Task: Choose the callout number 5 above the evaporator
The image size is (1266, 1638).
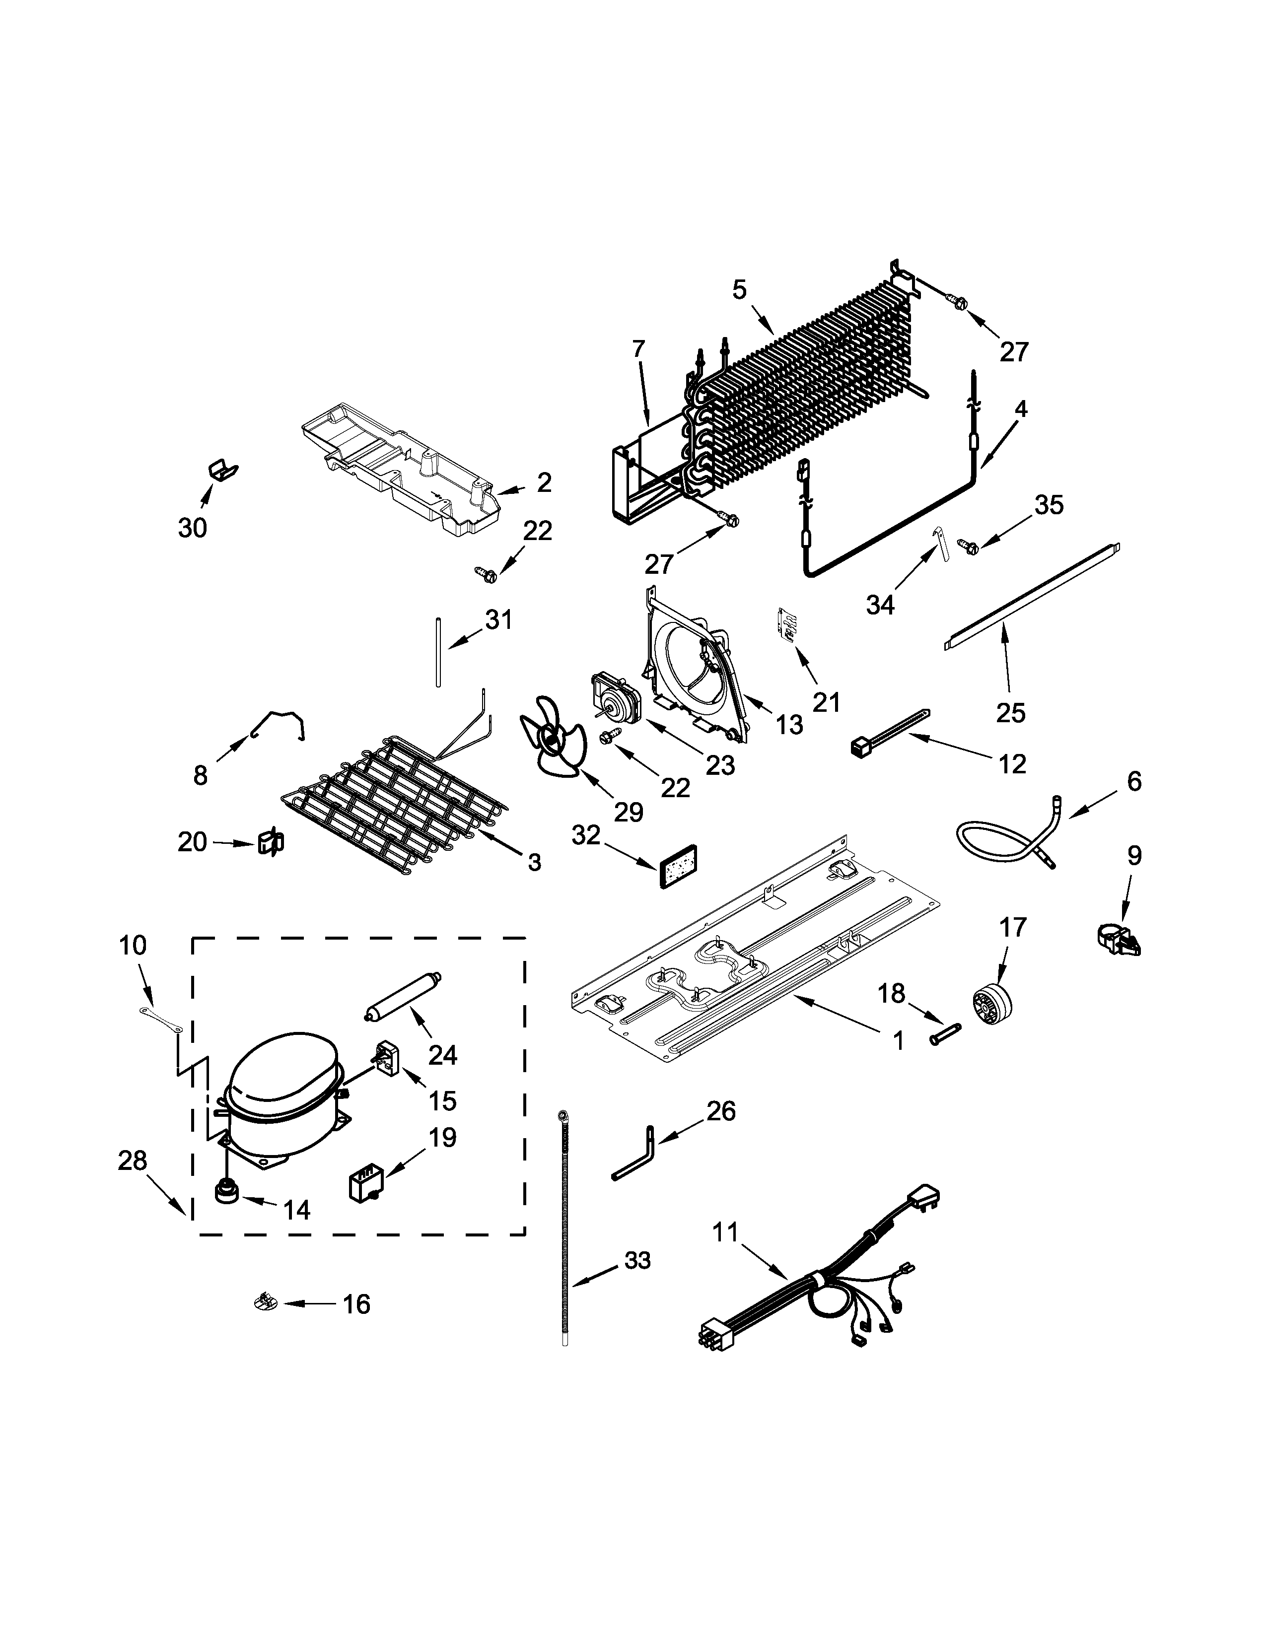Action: coord(740,289)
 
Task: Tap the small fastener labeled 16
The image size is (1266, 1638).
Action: coord(264,1303)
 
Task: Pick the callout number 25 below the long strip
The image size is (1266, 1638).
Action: coord(1010,712)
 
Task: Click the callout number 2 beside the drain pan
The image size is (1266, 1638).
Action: coord(543,482)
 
